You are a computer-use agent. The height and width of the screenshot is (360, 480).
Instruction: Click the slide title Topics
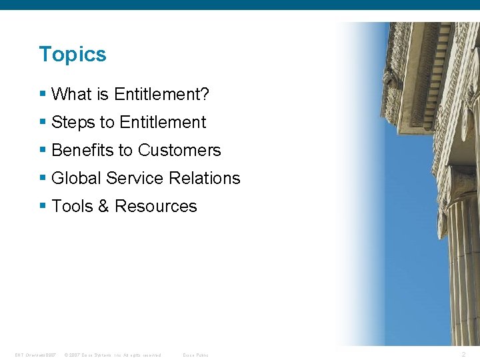73,54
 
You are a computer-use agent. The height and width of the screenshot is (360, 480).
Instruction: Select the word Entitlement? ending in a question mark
161,95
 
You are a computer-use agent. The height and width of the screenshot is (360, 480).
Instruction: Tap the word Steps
73,123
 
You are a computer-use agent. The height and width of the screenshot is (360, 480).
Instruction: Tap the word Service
135,179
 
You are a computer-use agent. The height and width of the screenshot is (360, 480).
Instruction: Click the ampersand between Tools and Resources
103,207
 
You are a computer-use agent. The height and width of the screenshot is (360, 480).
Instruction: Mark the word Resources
155,207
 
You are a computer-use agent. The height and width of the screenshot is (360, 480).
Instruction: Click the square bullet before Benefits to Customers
43,151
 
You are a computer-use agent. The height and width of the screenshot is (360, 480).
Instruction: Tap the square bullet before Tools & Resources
43,207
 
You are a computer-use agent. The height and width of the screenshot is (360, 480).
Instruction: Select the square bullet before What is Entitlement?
43,95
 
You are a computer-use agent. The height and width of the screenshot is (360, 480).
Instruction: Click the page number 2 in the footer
463,355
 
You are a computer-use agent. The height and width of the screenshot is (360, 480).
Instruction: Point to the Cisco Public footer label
195,355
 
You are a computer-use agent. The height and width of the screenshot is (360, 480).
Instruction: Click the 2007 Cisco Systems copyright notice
112,355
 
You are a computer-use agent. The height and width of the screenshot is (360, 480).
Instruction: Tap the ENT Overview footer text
35,355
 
